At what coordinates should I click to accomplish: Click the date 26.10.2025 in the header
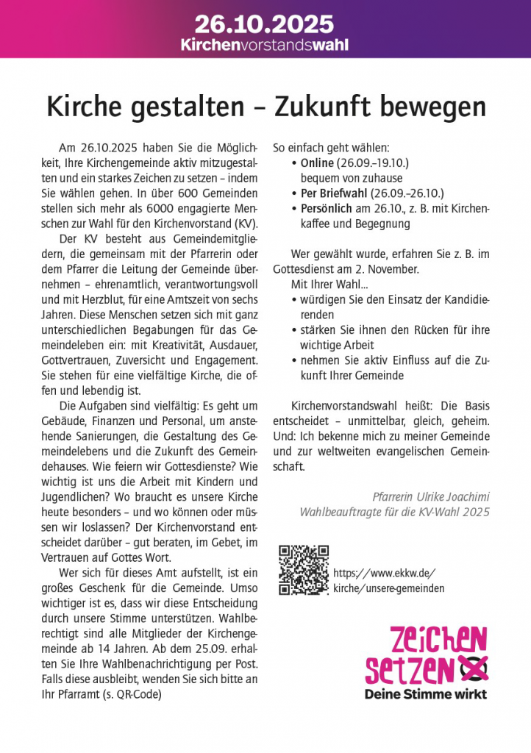(x=265, y=24)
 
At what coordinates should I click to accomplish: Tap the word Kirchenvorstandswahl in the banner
(x=265, y=45)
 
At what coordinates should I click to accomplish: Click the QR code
(x=304, y=570)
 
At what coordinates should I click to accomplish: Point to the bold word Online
(x=317, y=162)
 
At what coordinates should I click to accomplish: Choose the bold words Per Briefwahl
(x=333, y=193)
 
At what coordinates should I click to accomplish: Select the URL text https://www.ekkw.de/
(x=385, y=573)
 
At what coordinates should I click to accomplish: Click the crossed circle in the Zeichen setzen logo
(x=473, y=668)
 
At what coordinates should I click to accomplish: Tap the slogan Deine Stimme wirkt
(x=427, y=693)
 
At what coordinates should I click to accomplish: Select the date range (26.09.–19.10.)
(x=373, y=162)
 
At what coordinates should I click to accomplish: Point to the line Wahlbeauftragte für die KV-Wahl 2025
(x=395, y=512)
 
